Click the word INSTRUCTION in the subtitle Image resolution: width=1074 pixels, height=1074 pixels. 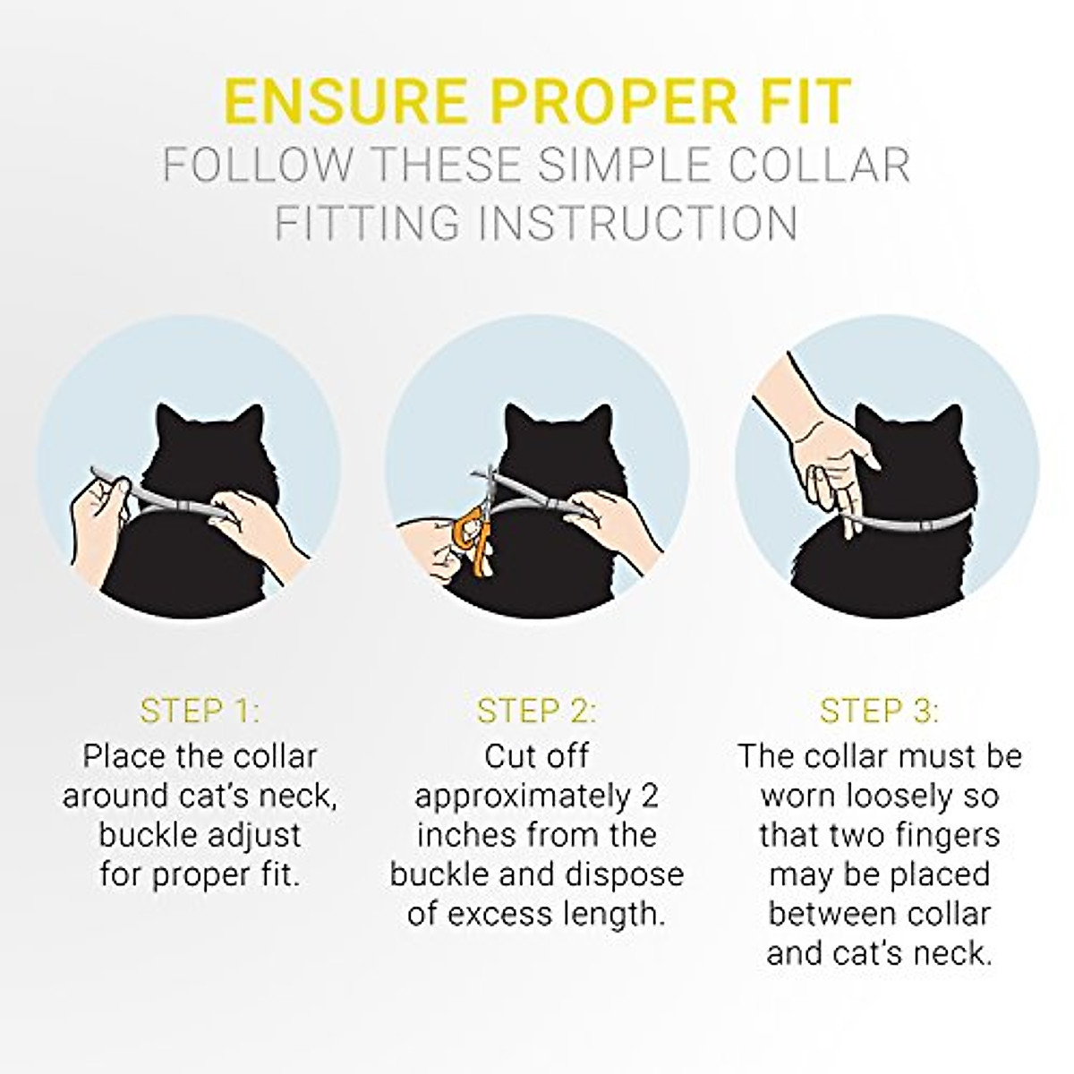point(637,223)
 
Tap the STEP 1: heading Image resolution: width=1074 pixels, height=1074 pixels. point(200,712)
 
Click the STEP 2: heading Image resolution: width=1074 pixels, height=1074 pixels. point(536,712)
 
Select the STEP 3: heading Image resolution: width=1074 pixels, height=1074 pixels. point(879,712)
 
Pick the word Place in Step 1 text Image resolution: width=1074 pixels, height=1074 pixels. point(123,756)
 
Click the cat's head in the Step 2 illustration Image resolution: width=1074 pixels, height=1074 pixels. point(537,447)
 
